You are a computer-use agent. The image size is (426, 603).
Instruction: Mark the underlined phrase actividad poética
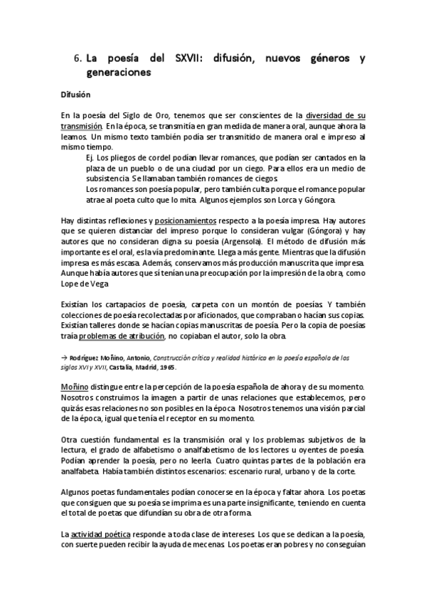point(102,534)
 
